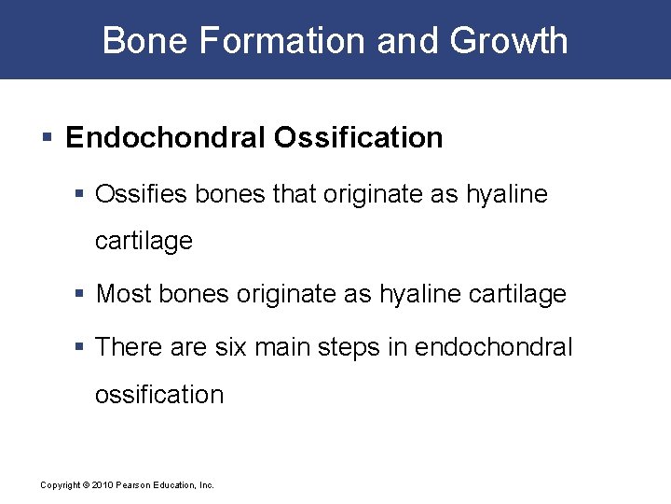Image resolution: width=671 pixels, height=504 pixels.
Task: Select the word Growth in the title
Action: click(509, 41)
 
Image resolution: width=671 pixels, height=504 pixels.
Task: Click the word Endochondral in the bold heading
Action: click(164, 138)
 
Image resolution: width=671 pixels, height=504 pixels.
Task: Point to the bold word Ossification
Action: click(358, 138)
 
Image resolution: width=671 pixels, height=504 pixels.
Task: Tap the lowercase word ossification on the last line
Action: click(159, 395)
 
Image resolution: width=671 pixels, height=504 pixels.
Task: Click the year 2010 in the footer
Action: click(100, 485)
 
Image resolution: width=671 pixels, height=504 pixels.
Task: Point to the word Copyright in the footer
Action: click(60, 485)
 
